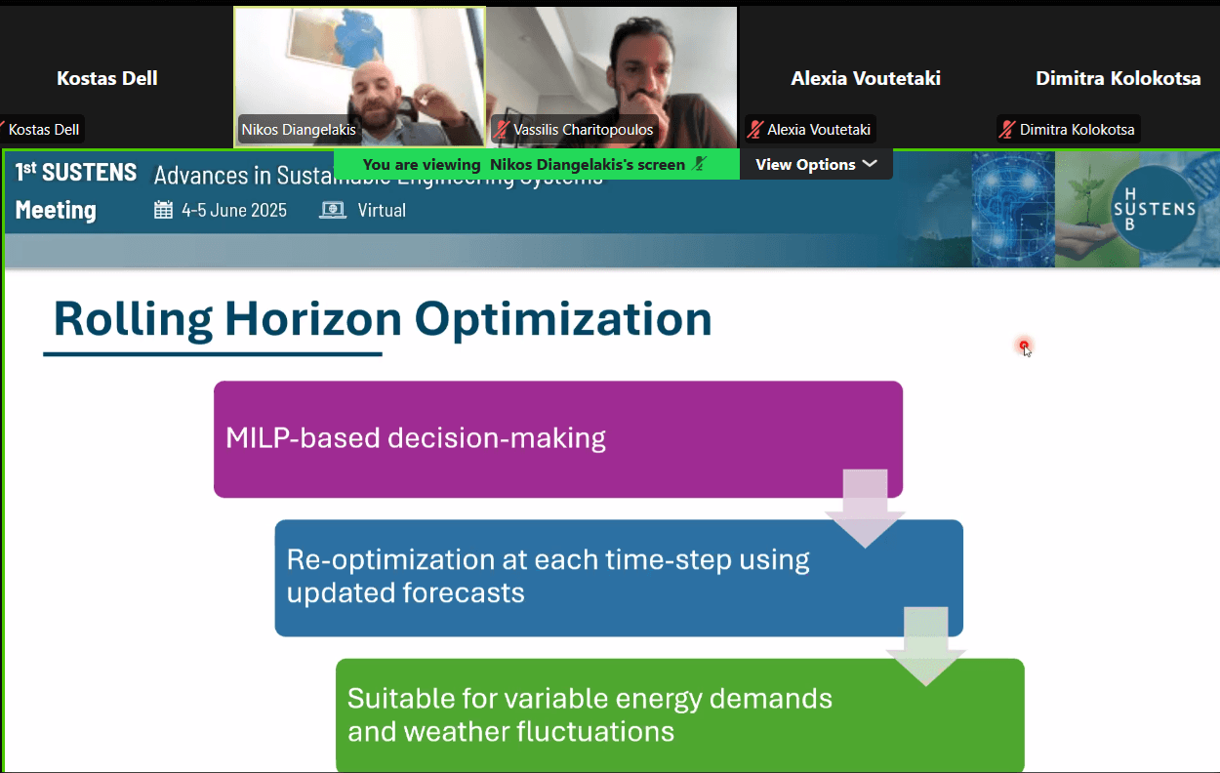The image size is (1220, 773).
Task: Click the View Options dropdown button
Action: pos(816,165)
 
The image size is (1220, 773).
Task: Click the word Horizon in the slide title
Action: pos(313,319)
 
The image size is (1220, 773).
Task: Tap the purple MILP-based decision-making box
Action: pos(558,439)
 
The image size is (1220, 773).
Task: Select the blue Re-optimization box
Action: pos(619,578)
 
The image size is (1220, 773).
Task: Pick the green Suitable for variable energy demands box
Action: pos(679,714)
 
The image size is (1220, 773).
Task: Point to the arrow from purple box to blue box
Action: pos(865,508)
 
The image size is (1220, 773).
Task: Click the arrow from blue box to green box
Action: pos(926,646)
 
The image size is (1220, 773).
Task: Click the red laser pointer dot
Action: pos(1024,346)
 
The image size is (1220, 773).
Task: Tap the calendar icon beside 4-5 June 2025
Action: pos(163,210)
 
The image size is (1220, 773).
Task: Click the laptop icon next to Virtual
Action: pos(332,210)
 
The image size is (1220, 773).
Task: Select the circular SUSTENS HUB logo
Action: pos(1154,209)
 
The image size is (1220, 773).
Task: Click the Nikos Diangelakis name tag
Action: pos(299,130)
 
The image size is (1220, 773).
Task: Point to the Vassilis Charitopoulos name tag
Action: pos(574,130)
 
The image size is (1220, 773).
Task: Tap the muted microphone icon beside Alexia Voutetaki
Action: pos(754,130)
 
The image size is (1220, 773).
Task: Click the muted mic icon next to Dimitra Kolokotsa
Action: pos(1007,130)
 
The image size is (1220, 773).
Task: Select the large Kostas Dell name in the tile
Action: pos(107,78)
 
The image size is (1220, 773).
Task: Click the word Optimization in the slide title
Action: pos(563,320)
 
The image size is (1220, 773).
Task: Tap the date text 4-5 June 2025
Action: pos(234,210)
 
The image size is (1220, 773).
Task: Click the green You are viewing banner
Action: pos(537,165)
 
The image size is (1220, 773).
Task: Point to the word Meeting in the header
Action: pos(56,210)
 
